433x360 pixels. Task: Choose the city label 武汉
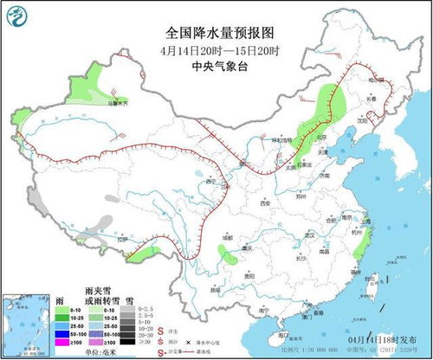[x=306, y=235]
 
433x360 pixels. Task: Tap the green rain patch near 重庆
[x=226, y=254]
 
